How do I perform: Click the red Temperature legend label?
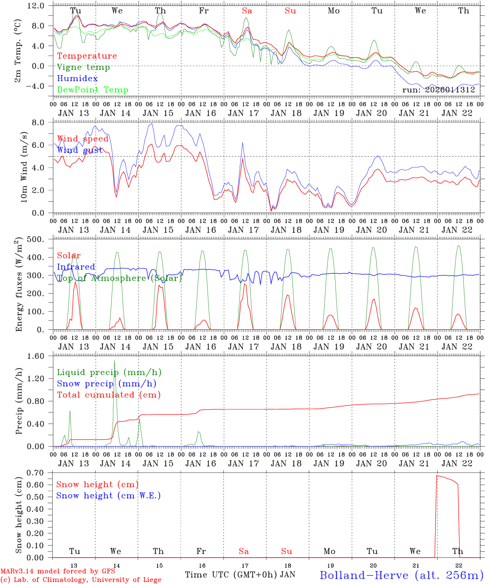[x=87, y=56]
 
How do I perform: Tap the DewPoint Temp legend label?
[x=93, y=90]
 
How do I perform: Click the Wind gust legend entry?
[x=80, y=150]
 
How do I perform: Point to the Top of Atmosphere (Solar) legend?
[x=119, y=278]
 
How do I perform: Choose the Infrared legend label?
[x=76, y=267]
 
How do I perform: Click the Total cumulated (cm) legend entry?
[x=109, y=395]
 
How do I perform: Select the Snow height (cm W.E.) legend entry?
[x=108, y=496]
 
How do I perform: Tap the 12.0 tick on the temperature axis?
[x=41, y=6]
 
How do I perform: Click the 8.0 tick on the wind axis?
[x=43, y=122]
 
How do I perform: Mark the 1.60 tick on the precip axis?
[x=40, y=356]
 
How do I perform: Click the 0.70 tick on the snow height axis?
[x=40, y=473]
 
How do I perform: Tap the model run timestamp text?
[x=438, y=90]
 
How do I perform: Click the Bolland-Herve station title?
[x=401, y=575]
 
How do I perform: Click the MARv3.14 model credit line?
[x=58, y=571]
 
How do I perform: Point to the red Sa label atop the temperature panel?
[x=247, y=11]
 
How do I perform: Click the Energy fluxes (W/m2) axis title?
[x=19, y=285]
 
